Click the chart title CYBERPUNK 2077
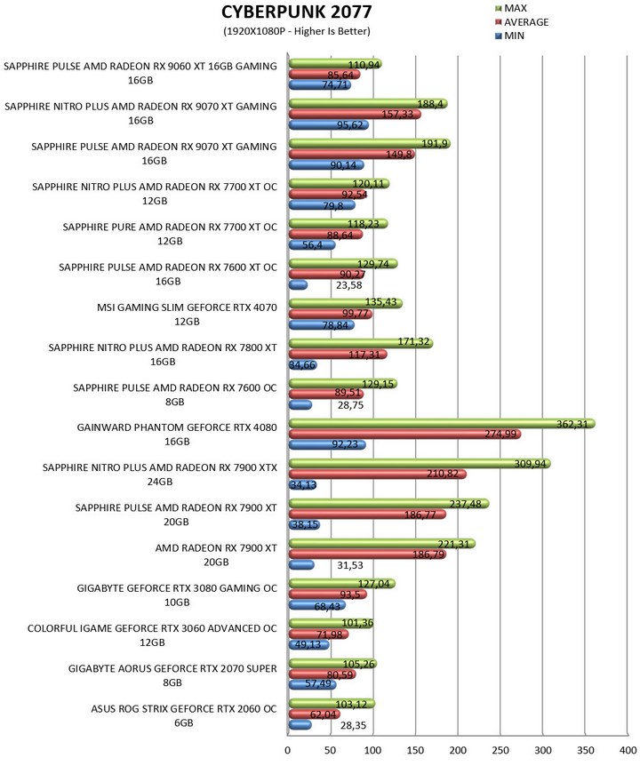[297, 12]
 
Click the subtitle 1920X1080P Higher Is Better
[297, 31]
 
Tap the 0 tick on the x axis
[288, 750]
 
